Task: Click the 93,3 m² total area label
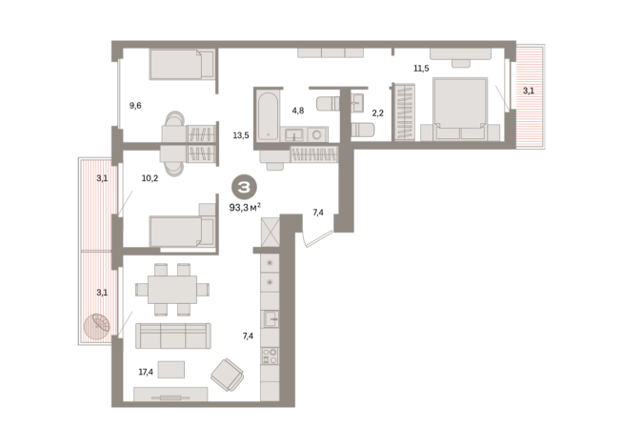[245, 207]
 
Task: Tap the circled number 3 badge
[244, 187]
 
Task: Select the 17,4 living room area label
[146, 372]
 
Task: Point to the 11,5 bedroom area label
[421, 69]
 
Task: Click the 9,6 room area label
[135, 106]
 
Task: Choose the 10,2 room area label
[150, 178]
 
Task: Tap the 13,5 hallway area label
[241, 135]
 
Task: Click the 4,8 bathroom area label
[298, 111]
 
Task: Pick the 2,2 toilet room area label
[378, 113]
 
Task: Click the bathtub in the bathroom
[268, 116]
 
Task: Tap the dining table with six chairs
[172, 290]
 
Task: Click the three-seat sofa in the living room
[173, 336]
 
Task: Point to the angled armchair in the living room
[228, 375]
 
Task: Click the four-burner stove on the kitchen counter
[270, 356]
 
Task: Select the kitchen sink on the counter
[271, 318]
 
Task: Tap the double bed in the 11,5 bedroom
[460, 109]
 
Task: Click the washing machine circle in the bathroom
[316, 134]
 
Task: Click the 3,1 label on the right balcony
[529, 92]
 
